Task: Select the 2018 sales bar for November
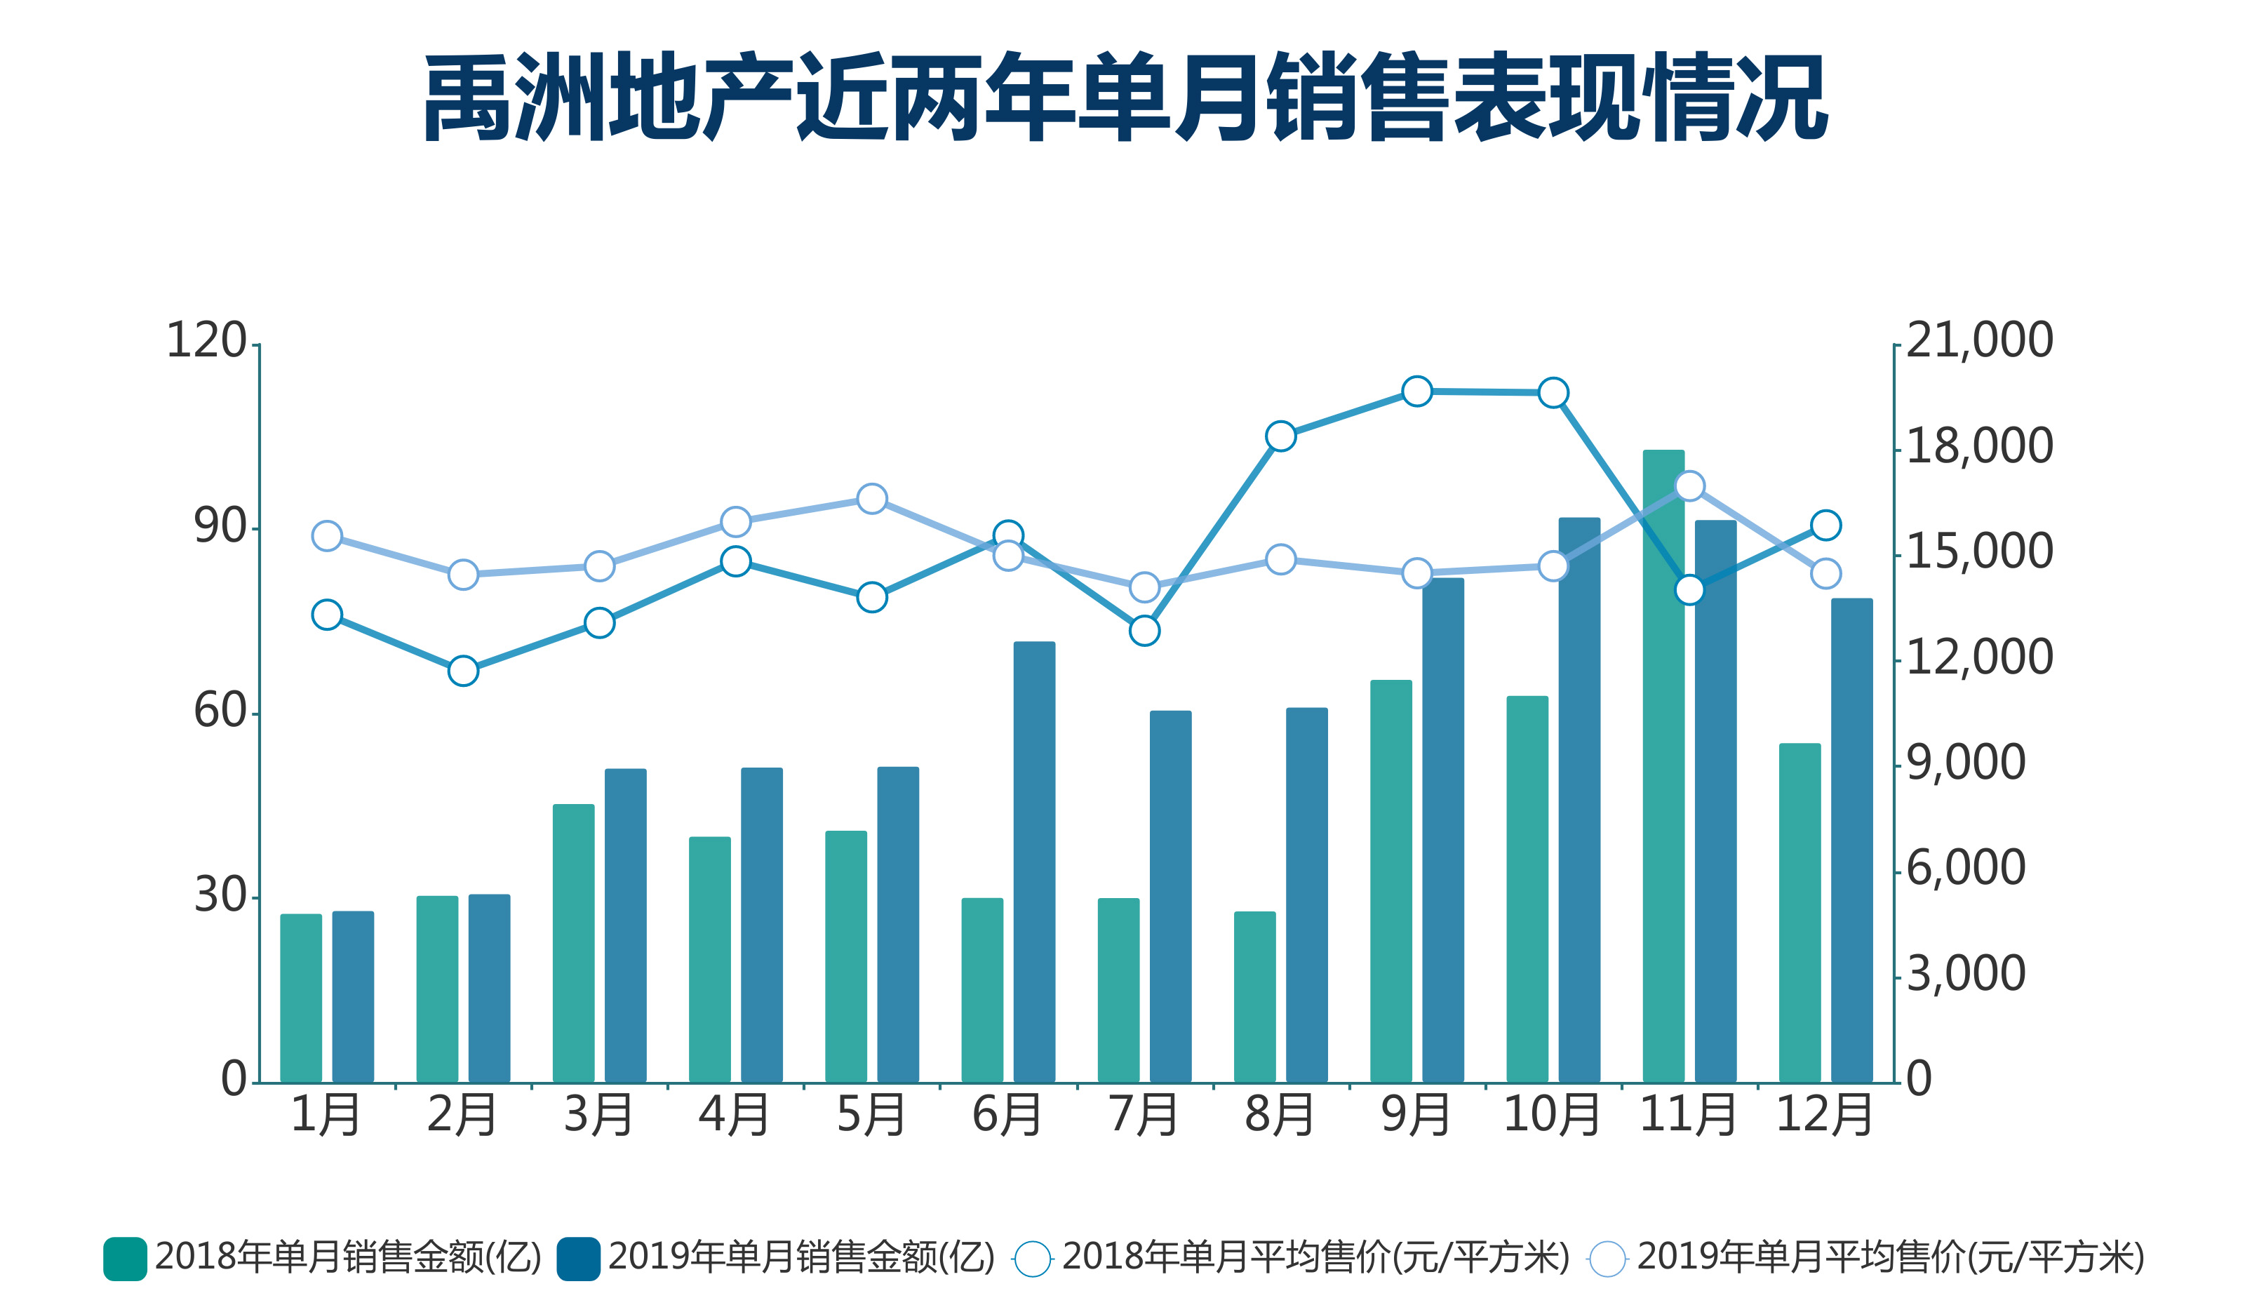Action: [x=1663, y=766]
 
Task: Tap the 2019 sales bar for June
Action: [x=1033, y=862]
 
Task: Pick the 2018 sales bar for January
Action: [x=301, y=998]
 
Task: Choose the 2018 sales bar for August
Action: [x=1254, y=997]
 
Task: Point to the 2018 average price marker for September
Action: [x=1416, y=391]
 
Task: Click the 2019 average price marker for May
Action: [x=871, y=498]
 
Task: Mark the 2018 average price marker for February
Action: [x=463, y=670]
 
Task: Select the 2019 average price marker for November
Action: [x=1689, y=486]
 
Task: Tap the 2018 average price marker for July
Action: [x=1144, y=631]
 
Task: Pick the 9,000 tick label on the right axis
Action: [x=1965, y=763]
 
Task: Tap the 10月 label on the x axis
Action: [x=1551, y=1114]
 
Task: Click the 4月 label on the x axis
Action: [x=734, y=1114]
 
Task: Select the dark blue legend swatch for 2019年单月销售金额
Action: [x=578, y=1259]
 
